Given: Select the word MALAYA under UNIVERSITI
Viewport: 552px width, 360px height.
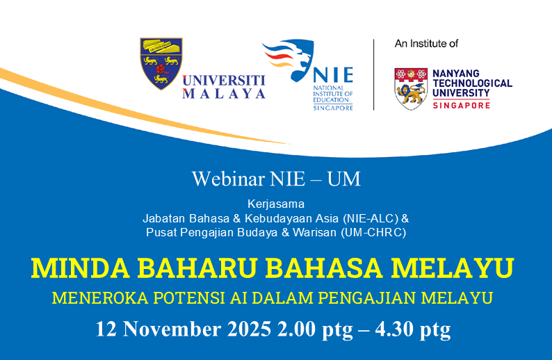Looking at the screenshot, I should click(x=224, y=94).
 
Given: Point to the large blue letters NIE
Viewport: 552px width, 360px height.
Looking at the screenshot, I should click(x=332, y=75).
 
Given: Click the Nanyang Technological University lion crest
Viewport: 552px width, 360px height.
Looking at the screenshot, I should click(x=411, y=88).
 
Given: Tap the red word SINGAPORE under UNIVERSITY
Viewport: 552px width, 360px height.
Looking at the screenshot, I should click(x=461, y=104).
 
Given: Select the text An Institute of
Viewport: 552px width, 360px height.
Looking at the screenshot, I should click(x=426, y=44).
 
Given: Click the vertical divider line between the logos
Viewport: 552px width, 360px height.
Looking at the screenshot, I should click(x=375, y=74).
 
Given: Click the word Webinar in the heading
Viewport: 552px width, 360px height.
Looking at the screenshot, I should click(x=220, y=179).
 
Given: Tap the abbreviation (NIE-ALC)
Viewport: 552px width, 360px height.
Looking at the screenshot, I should click(x=366, y=218).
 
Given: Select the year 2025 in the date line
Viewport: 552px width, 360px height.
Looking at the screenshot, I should click(x=227, y=328).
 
